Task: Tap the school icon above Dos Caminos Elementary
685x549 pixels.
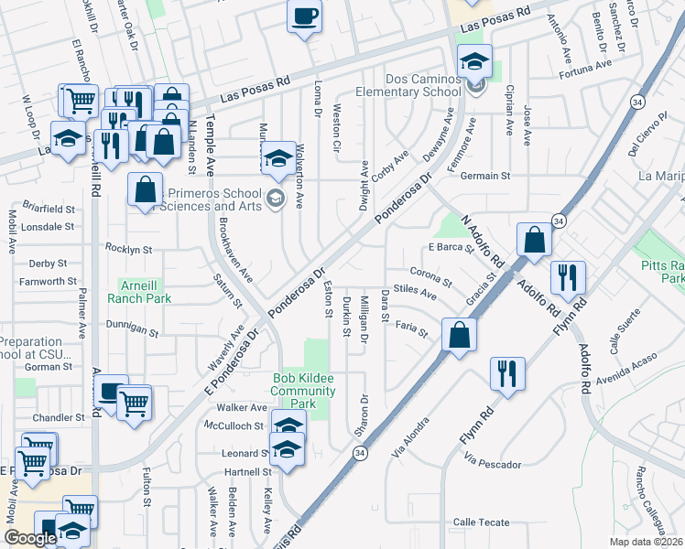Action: tap(474, 62)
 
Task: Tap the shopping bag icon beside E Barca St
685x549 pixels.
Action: tap(534, 241)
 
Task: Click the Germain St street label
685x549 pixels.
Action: tap(484, 176)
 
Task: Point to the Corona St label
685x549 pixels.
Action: tap(431, 275)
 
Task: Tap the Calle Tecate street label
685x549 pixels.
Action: tap(481, 522)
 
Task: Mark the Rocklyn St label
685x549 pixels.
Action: tap(128, 248)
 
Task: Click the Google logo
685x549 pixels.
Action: tap(29, 538)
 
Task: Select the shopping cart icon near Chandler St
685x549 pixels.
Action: tap(135, 402)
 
